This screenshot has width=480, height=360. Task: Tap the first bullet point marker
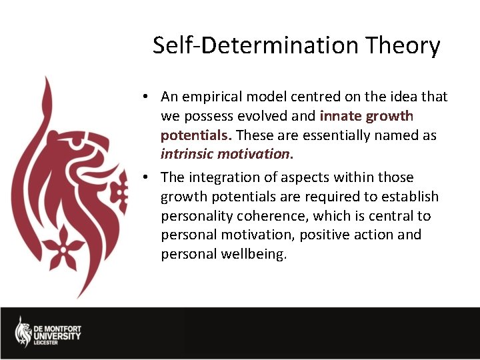tap(145, 97)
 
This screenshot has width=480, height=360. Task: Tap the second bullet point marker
tap(145, 178)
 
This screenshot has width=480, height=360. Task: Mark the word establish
tap(415, 197)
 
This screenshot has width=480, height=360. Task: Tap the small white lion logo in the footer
tap(23, 331)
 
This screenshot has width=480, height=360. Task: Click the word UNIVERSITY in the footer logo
tap(57, 336)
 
